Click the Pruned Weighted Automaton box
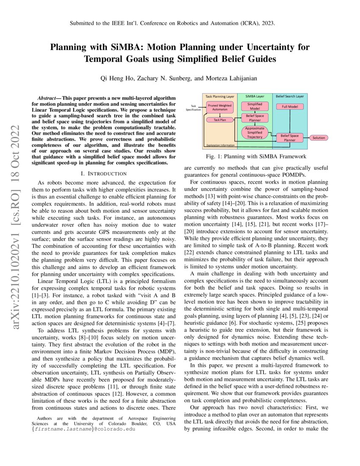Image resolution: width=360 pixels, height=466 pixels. pos(219,108)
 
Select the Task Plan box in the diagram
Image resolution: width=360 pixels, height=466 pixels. pos(219,120)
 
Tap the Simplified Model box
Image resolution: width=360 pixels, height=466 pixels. pos(254,106)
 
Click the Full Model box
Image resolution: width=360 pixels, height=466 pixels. pos(290,106)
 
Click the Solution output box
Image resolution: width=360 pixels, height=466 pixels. pos(319,138)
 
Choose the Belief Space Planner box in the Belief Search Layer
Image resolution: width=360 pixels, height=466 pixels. pos(290,137)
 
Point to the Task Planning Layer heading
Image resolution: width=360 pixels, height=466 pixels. pos(219,97)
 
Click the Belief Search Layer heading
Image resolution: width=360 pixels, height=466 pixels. pos(290,97)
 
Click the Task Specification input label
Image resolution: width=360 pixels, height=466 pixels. pos(194,108)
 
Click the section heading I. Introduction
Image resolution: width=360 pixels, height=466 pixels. pos(104,174)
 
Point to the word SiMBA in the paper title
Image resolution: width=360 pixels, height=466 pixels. pos(120,47)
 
